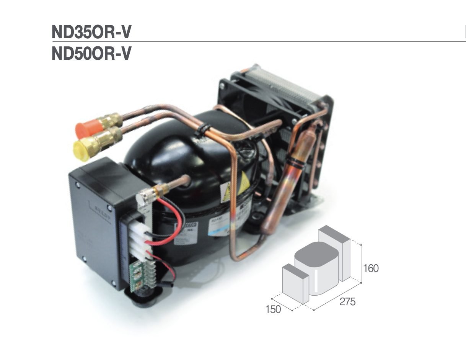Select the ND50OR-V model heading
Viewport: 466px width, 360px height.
(91, 54)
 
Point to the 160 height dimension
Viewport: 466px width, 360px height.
(370, 268)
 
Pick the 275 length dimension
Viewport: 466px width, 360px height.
(347, 302)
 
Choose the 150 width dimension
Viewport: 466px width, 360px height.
(273, 309)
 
